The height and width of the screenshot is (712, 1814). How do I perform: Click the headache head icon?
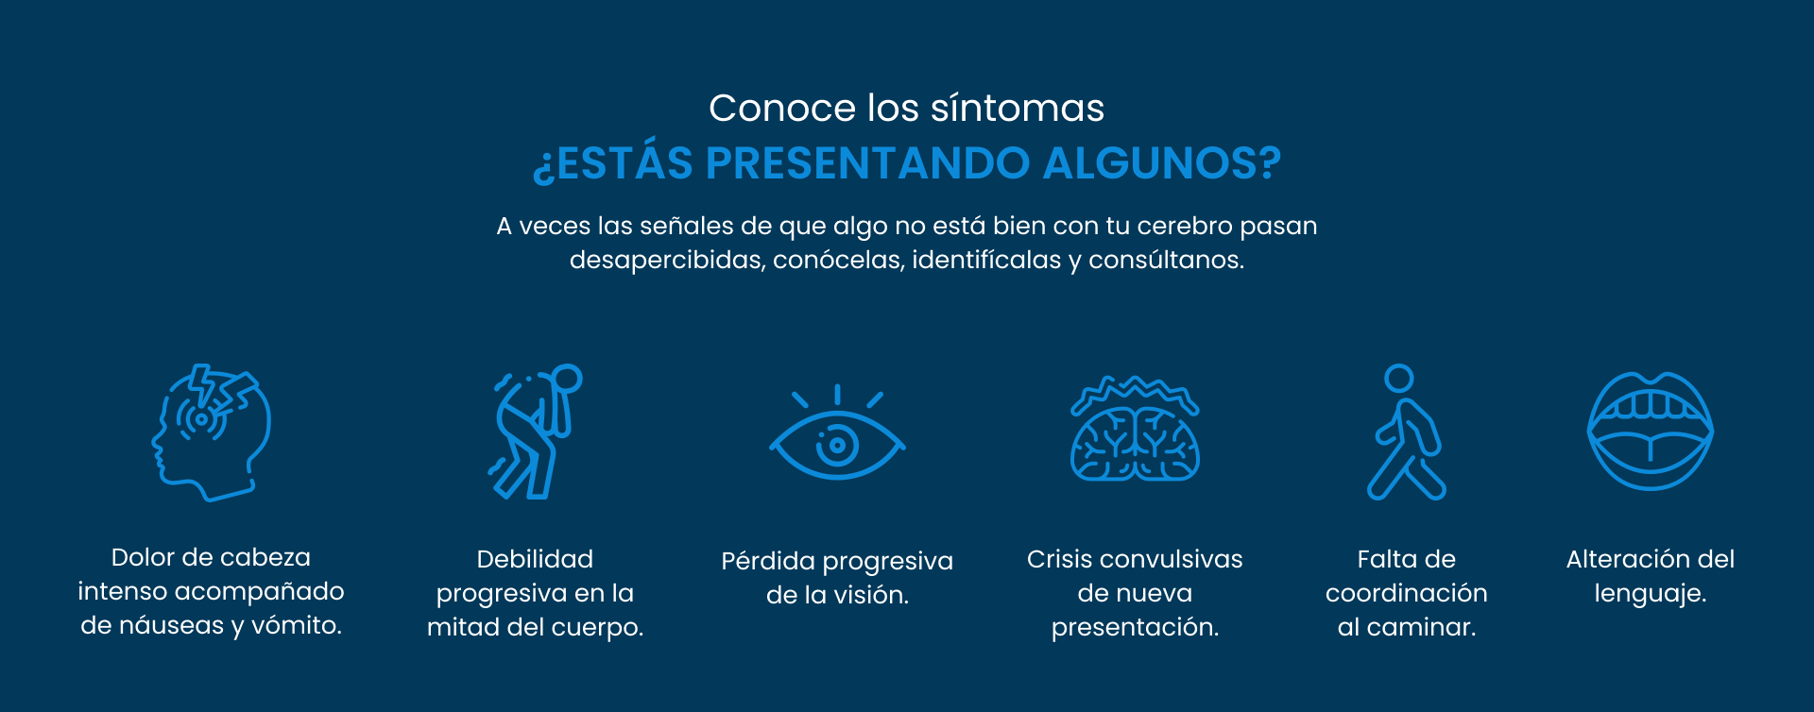tap(212, 432)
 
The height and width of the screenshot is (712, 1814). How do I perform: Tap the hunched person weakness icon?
tap(535, 432)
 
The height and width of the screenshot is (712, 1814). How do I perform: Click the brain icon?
tap(1135, 430)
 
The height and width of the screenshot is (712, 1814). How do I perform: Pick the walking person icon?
tap(1406, 432)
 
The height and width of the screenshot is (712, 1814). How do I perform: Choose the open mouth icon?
tap(1651, 432)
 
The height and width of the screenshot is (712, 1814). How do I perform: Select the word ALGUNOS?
tap(1162, 163)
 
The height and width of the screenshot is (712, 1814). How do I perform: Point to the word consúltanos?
tap(1166, 260)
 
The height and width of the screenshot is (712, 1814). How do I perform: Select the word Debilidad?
tap(535, 559)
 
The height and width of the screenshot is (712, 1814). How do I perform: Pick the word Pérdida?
tap(768, 561)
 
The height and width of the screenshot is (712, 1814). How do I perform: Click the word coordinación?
tap(1406, 593)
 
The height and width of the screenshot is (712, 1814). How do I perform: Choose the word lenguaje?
tap(1651, 594)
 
